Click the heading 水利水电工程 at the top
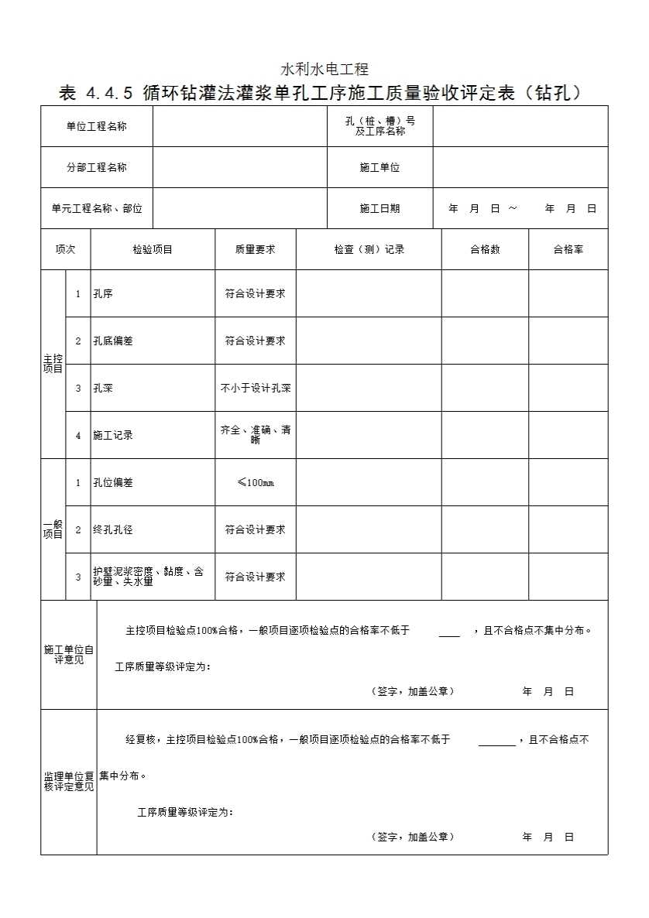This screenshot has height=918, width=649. click(324, 70)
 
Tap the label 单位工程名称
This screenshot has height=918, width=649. click(96, 126)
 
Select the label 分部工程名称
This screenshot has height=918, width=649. click(96, 167)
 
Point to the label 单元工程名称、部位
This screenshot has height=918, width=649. click(97, 208)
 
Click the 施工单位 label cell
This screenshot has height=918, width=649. click(379, 167)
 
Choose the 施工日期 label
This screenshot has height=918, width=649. click(379, 208)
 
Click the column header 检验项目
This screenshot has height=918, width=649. click(153, 249)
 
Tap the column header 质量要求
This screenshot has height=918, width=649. click(255, 249)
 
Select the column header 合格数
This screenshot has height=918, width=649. click(485, 249)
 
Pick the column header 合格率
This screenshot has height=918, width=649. click(568, 249)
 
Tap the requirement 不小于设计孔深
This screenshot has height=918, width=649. click(255, 388)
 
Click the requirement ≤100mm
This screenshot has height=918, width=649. click(255, 483)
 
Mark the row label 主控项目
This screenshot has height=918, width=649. click(53, 364)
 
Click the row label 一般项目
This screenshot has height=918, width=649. click(53, 529)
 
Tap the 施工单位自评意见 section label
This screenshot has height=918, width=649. click(69, 655)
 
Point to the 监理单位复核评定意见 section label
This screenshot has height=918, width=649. click(69, 781)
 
